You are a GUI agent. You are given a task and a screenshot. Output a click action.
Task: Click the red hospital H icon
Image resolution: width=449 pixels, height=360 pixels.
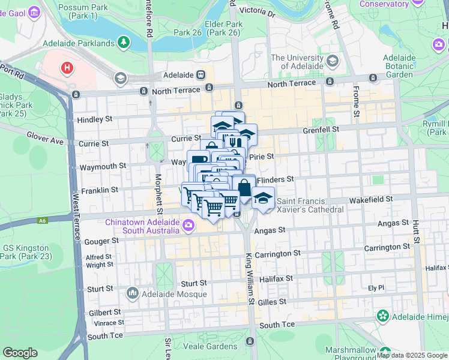tap(67, 68)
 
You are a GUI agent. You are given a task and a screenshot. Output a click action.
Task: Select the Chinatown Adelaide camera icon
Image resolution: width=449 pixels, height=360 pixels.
tap(188, 226)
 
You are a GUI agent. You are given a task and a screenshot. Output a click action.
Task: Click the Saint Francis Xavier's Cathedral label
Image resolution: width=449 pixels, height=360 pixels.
tap(310, 205)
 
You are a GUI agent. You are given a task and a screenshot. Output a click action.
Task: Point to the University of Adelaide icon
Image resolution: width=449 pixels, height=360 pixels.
tap(332, 62)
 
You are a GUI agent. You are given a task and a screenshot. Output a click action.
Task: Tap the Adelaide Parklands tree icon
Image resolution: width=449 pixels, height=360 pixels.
tap(124, 43)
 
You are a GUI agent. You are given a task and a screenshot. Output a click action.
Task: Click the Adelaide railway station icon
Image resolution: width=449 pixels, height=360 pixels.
tap(200, 75)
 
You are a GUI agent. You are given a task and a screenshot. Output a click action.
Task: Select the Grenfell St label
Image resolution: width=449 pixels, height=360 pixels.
tap(321, 129)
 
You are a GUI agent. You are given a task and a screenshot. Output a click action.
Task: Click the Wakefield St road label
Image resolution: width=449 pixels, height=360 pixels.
tap(372, 198)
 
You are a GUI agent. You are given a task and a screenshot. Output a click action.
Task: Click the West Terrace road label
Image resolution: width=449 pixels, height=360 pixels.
tap(76, 217)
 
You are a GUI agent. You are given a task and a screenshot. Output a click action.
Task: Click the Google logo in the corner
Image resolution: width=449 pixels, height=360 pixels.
tap(20, 352)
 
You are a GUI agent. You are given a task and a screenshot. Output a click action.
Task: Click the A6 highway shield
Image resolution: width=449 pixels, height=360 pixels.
tap(41, 220)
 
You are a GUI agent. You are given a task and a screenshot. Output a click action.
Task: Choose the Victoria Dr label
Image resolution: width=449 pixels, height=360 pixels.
tap(256, 11)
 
